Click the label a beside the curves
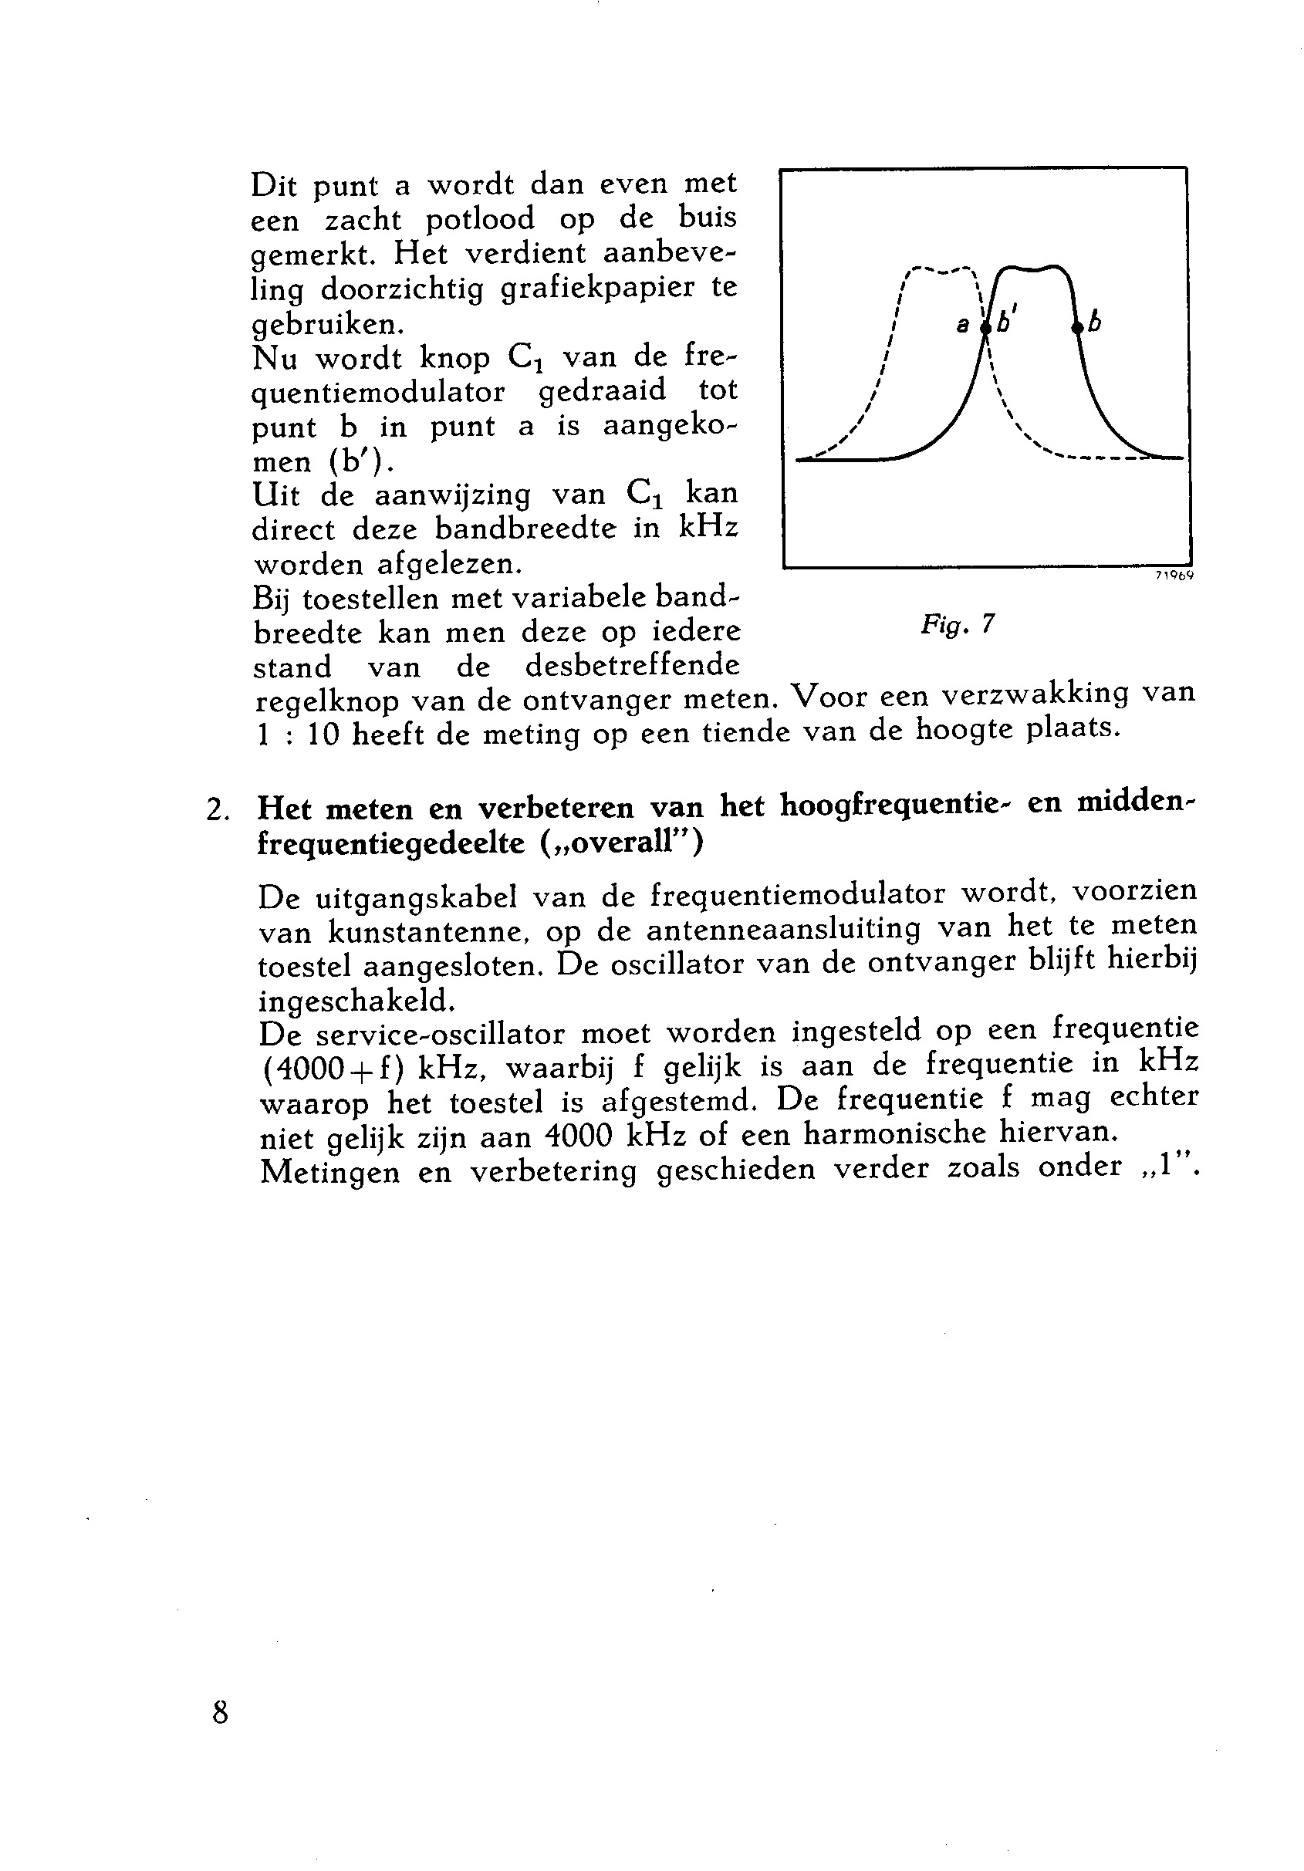tap(962, 326)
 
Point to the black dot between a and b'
tap(985, 327)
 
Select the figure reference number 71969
tap(1174, 576)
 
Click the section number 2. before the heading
tap(217, 810)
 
